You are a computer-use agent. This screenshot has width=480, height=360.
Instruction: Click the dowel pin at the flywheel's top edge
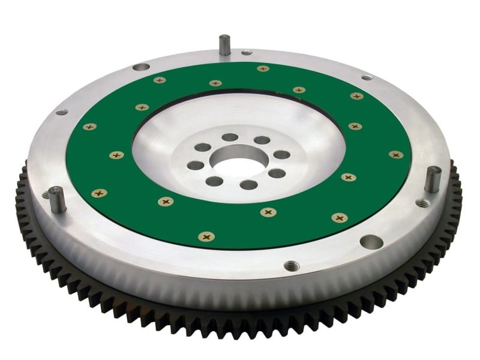[224, 46]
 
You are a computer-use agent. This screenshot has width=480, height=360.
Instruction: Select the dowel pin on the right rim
[432, 179]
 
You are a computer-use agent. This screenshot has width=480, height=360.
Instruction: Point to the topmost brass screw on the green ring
[263, 68]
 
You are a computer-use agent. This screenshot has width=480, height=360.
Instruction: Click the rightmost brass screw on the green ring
[395, 155]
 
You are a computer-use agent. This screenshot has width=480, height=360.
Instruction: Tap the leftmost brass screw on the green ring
[89, 127]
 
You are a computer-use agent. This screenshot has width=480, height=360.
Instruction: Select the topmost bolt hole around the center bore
[230, 137]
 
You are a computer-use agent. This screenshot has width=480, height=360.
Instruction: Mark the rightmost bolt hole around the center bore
[282, 155]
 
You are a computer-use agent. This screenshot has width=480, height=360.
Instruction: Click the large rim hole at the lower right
[371, 242]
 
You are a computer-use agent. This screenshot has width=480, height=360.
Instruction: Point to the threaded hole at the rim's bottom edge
[290, 265]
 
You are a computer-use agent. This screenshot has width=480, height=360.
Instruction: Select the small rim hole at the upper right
[367, 77]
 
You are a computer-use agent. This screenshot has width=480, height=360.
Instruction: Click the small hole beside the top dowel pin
[247, 53]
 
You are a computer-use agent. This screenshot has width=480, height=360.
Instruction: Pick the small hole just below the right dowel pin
[423, 203]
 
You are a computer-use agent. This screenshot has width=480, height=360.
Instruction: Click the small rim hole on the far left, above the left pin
[62, 112]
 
